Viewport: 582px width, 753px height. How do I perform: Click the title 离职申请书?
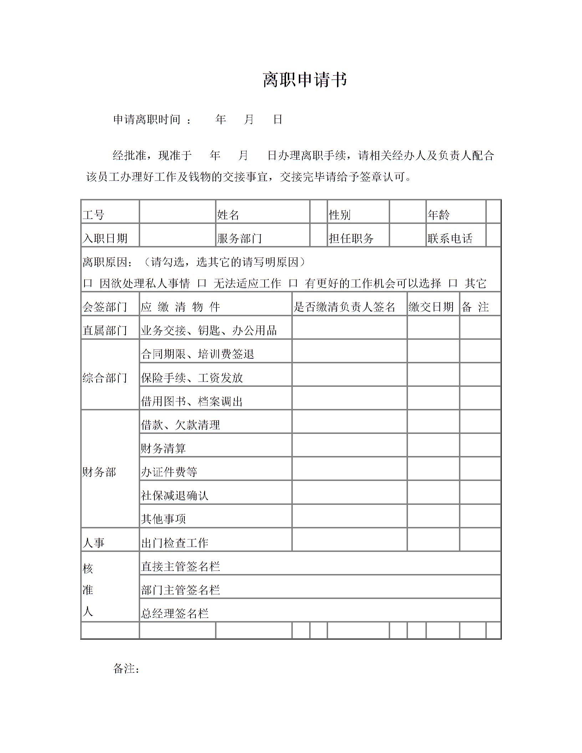point(305,80)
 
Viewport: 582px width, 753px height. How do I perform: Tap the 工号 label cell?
point(93,215)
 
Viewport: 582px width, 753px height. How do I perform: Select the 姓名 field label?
point(228,215)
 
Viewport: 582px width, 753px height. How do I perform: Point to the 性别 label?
point(339,215)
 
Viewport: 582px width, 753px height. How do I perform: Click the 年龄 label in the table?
point(439,215)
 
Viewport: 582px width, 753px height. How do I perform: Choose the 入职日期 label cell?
point(105,238)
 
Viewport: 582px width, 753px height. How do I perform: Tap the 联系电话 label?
point(450,238)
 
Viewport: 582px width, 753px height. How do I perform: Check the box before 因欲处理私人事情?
point(87,283)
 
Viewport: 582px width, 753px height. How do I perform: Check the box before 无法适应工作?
point(202,283)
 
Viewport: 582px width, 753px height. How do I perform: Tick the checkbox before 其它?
point(453,283)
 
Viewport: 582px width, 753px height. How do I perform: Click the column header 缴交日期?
point(431,307)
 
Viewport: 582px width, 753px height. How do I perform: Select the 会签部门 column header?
point(105,307)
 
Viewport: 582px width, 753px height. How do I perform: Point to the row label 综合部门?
point(105,378)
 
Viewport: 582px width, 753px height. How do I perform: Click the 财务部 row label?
point(99,472)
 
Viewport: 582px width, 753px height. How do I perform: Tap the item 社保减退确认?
point(175,496)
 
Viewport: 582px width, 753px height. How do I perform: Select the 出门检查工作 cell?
point(175,543)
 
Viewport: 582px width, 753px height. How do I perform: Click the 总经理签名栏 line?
point(175,613)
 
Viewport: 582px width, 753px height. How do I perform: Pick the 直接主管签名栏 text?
point(180,567)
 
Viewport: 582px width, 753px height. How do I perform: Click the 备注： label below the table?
point(126,669)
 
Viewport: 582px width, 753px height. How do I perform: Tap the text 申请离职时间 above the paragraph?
point(147,119)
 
